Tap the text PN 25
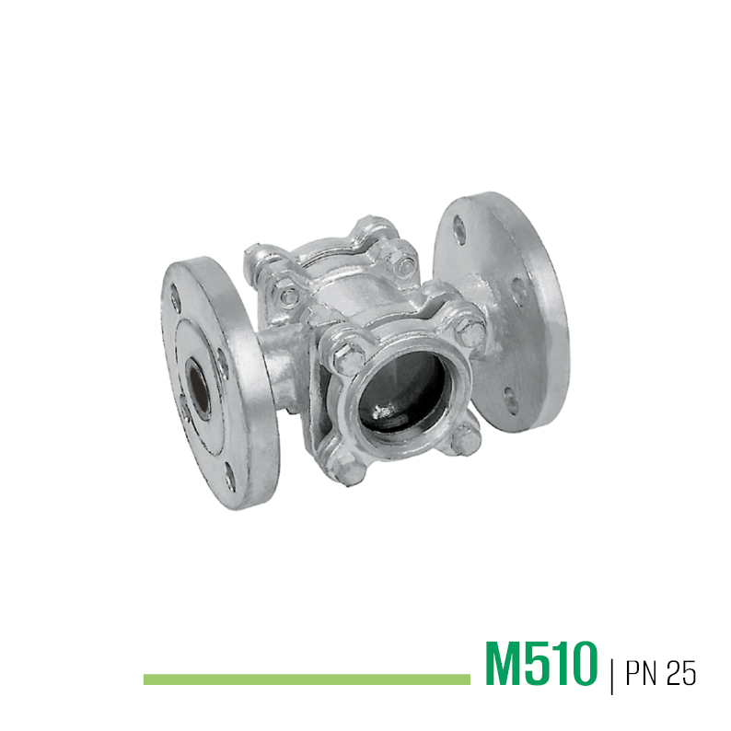[661, 672]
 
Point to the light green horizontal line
[307, 679]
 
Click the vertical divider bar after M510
[611, 675]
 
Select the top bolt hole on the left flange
[175, 299]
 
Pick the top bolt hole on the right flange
[459, 230]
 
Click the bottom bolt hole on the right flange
[510, 400]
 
